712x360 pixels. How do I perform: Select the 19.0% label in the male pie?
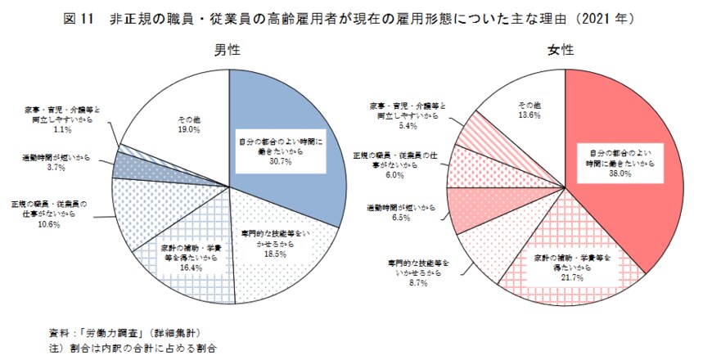pyautogui.click(x=189, y=129)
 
